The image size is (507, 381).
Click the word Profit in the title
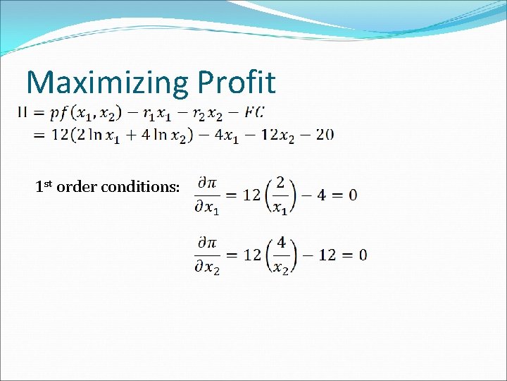[x=236, y=83]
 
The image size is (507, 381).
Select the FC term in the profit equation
[x=256, y=111]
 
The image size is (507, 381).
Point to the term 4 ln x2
[x=163, y=135]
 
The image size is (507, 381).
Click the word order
[x=77, y=187]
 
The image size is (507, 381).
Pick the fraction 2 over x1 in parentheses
[x=281, y=195]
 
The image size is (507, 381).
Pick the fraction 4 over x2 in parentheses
[x=281, y=255]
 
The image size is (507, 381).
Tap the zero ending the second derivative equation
[x=361, y=255]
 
